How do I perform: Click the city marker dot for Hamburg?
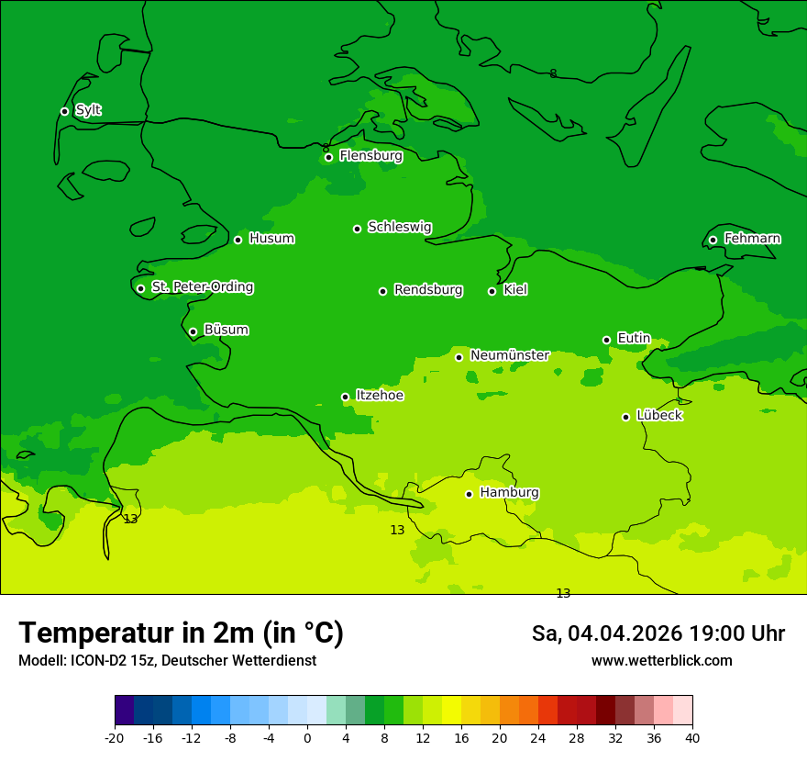pyautogui.click(x=469, y=494)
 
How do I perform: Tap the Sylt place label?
pyautogui.click(x=88, y=110)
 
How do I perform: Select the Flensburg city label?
pyautogui.click(x=370, y=156)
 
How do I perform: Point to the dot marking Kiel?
pyautogui.click(x=492, y=291)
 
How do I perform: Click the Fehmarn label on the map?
pyautogui.click(x=752, y=239)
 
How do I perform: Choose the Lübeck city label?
pyautogui.click(x=658, y=416)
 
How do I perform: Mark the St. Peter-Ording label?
pyautogui.click(x=202, y=287)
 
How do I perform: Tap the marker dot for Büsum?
pyautogui.click(x=193, y=331)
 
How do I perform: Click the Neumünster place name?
pyautogui.click(x=509, y=355)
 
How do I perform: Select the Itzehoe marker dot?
pyautogui.click(x=345, y=397)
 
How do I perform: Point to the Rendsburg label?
pyautogui.click(x=428, y=290)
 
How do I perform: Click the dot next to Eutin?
pyautogui.click(x=606, y=340)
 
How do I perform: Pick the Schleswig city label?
pyautogui.click(x=399, y=227)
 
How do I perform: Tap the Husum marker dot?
pyautogui.click(x=238, y=240)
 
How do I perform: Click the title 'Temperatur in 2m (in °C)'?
pyautogui.click(x=181, y=633)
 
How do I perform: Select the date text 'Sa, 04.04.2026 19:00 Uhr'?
pyautogui.click(x=658, y=633)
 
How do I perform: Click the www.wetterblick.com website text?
pyautogui.click(x=661, y=661)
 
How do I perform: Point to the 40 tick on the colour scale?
pyautogui.click(x=691, y=738)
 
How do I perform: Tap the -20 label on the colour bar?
pyautogui.click(x=115, y=738)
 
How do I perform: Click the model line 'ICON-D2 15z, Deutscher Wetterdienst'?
pyautogui.click(x=167, y=661)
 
